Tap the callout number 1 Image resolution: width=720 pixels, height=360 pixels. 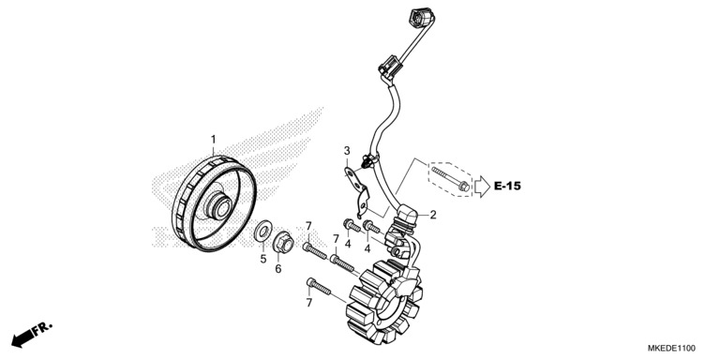213,139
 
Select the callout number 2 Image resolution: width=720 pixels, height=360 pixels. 433,215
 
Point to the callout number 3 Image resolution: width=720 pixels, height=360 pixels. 346,151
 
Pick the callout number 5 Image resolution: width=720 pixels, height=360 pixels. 263,259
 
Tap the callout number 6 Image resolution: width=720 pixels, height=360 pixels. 277,269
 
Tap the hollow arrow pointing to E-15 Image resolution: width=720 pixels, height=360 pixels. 481,187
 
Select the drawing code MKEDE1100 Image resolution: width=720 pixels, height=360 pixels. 674,345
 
